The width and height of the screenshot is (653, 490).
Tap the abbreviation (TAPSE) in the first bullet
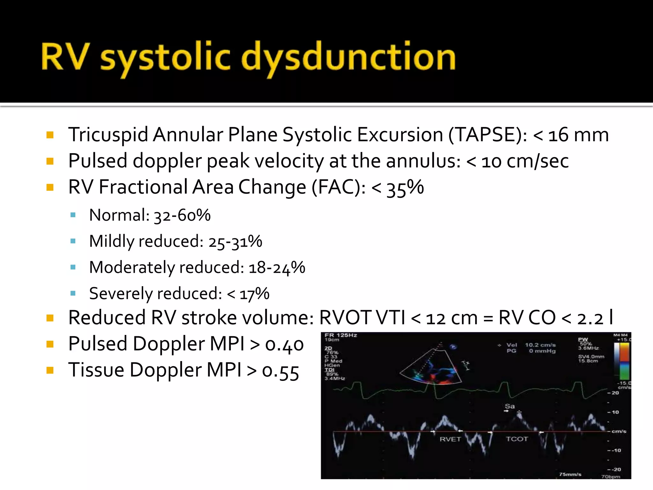pos(488,135)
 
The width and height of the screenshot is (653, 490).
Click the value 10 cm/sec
pos(525,161)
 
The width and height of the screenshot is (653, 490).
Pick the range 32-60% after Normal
pos(182,215)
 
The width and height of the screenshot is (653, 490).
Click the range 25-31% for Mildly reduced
pos(235,241)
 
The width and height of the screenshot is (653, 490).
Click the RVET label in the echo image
pos(450,439)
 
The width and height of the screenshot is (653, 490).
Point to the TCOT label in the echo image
pos(517,439)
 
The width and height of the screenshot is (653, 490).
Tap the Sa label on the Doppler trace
pos(510,406)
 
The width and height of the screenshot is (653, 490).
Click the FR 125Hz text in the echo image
pos(341,335)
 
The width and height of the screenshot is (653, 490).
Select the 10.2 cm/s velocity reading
pos(540,345)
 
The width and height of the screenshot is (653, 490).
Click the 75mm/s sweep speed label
pos(570,474)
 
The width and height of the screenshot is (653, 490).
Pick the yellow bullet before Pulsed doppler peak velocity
pos(50,161)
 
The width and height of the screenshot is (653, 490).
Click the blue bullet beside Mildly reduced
pos(73,241)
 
